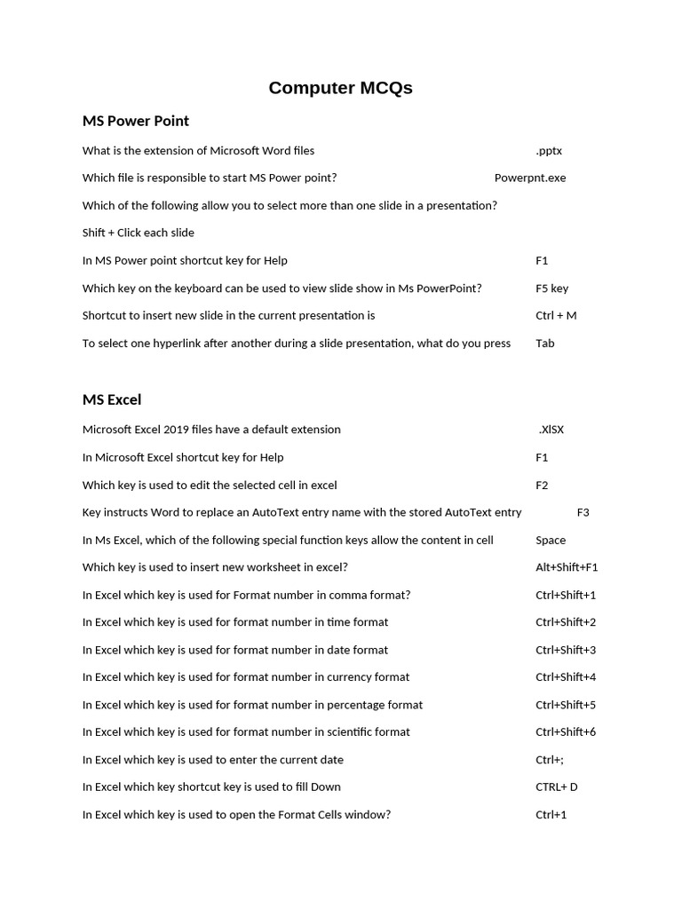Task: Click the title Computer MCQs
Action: (x=340, y=88)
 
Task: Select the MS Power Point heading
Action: (x=135, y=121)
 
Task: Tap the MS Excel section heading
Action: (x=112, y=399)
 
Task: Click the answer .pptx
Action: (x=549, y=151)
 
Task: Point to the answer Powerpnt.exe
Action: (x=529, y=178)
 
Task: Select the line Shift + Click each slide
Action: (x=138, y=233)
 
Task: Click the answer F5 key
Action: (x=551, y=288)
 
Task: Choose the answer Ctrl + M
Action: (x=556, y=315)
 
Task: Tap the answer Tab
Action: (x=544, y=343)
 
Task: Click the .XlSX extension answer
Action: (x=551, y=430)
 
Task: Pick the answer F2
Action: (x=542, y=485)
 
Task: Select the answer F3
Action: (x=583, y=512)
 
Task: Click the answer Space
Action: (x=551, y=540)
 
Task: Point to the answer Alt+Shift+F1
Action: (x=567, y=567)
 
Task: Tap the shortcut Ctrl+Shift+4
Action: (x=566, y=676)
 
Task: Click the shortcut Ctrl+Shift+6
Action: (x=566, y=731)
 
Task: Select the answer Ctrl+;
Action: (x=550, y=760)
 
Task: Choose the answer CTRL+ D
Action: (x=557, y=786)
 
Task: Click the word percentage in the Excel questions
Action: (x=355, y=705)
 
